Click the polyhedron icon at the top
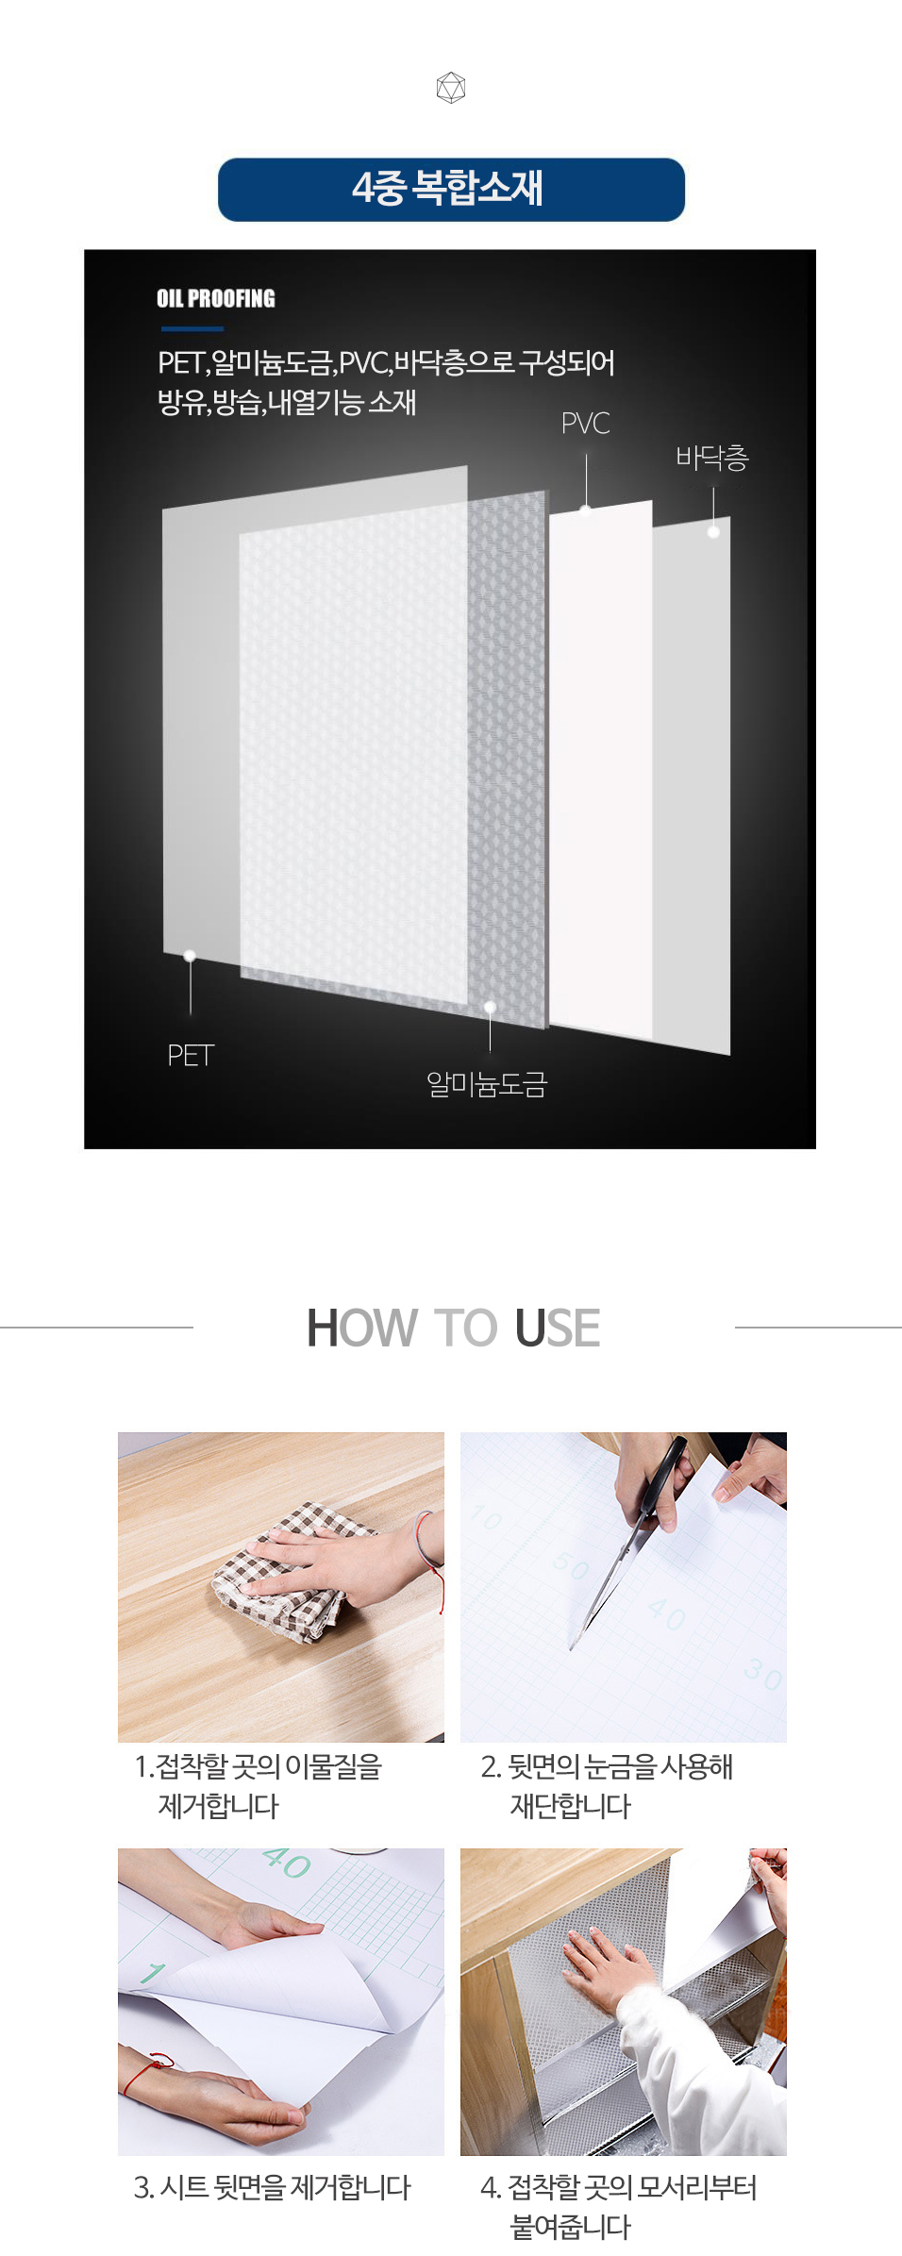pyautogui.click(x=451, y=88)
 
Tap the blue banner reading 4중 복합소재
pyautogui.click(x=451, y=190)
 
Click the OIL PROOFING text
pyautogui.click(x=216, y=298)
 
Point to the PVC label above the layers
pyautogui.click(x=585, y=424)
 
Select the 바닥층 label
pyautogui.click(x=712, y=458)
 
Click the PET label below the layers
pyautogui.click(x=191, y=1055)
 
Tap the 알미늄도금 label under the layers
pyautogui.click(x=486, y=1085)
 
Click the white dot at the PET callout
pyautogui.click(x=190, y=956)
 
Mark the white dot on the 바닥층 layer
pyautogui.click(x=713, y=532)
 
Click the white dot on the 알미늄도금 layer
pyautogui.click(x=490, y=1007)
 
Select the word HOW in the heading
pyautogui.click(x=361, y=1328)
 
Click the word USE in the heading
pyautogui.click(x=558, y=1328)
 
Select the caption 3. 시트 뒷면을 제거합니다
pyautogui.click(x=273, y=2187)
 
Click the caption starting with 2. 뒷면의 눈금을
pyautogui.click(x=607, y=1786)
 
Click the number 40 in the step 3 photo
pyautogui.click(x=286, y=1863)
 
